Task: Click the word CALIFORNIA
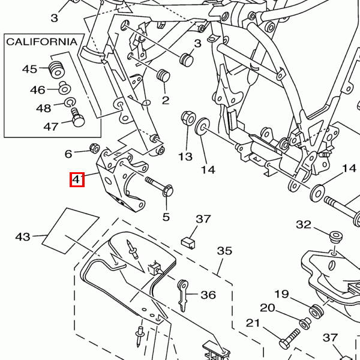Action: pyautogui.click(x=42, y=41)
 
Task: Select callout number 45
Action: pyautogui.click(x=30, y=69)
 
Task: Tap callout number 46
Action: pyautogui.click(x=38, y=90)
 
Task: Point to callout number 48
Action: pyautogui.click(x=43, y=109)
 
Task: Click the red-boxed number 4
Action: pyautogui.click(x=77, y=179)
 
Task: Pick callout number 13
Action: pyautogui.click(x=185, y=157)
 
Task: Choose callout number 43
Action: pyautogui.click(x=23, y=237)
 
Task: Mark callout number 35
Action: pyautogui.click(x=224, y=250)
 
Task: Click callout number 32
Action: pyautogui.click(x=304, y=225)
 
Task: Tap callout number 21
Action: pyautogui.click(x=253, y=323)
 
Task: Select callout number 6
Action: pyautogui.click(x=68, y=154)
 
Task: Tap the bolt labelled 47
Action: pyautogui.click(x=77, y=117)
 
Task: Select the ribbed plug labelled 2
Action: pyautogui.click(x=163, y=76)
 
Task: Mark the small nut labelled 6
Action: pyautogui.click(x=94, y=148)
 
